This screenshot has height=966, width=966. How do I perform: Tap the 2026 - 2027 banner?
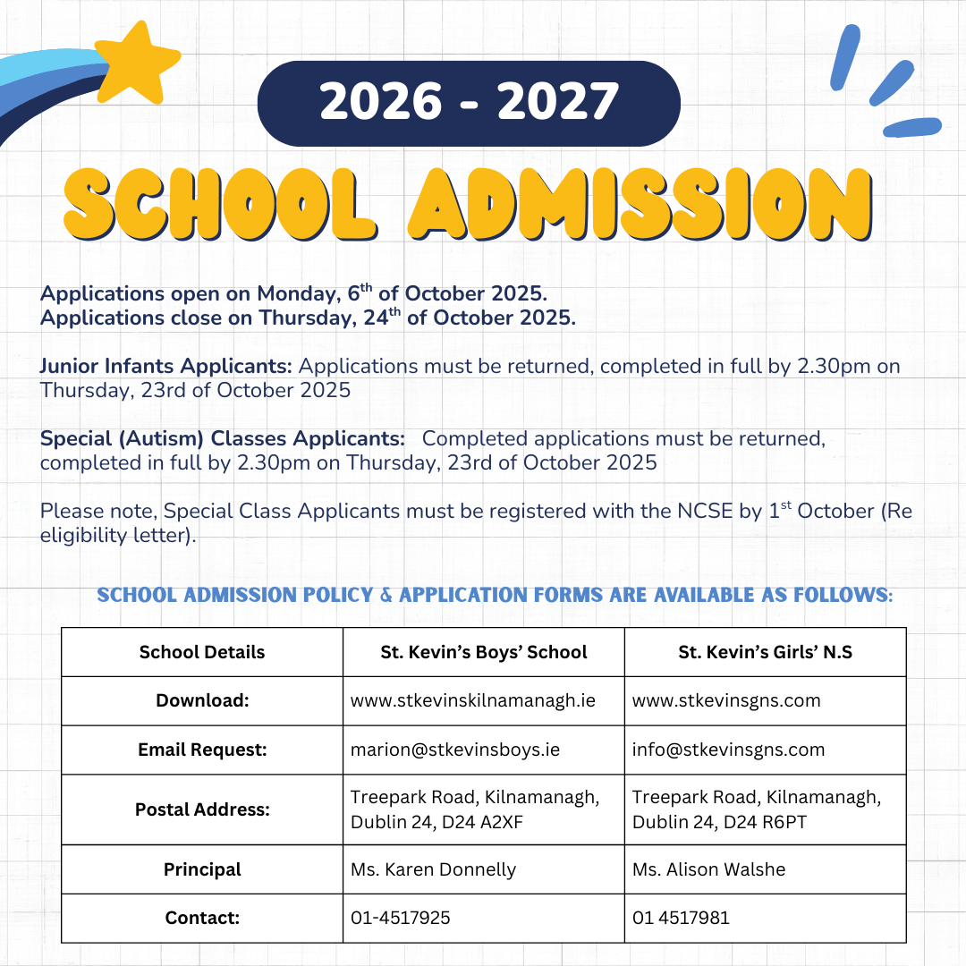pyautogui.click(x=469, y=103)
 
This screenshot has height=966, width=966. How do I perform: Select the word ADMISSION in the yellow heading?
pyautogui.click(x=639, y=204)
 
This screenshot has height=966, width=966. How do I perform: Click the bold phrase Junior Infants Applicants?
pyautogui.click(x=166, y=367)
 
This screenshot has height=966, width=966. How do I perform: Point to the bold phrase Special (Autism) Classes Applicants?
pyautogui.click(x=223, y=439)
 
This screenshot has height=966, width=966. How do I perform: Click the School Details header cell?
pyautogui.click(x=202, y=652)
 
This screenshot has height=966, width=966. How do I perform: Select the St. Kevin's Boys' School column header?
pyautogui.click(x=484, y=652)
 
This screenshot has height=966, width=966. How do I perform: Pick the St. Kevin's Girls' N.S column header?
pyautogui.click(x=766, y=652)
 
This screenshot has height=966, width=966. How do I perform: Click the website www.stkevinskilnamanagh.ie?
pyautogui.click(x=473, y=700)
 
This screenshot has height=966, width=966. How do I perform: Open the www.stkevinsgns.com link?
pyautogui.click(x=726, y=700)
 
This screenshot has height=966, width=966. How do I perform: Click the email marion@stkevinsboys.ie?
pyautogui.click(x=455, y=750)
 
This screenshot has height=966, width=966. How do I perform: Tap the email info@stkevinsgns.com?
pyautogui.click(x=728, y=750)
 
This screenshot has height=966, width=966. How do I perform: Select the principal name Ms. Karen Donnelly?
pyautogui.click(x=433, y=869)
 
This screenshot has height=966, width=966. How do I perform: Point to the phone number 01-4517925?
pyautogui.click(x=401, y=918)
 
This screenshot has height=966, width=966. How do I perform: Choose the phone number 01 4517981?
pyautogui.click(x=681, y=918)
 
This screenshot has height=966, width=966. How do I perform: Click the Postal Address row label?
pyautogui.click(x=202, y=809)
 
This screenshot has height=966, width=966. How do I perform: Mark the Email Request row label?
pyautogui.click(x=202, y=750)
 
